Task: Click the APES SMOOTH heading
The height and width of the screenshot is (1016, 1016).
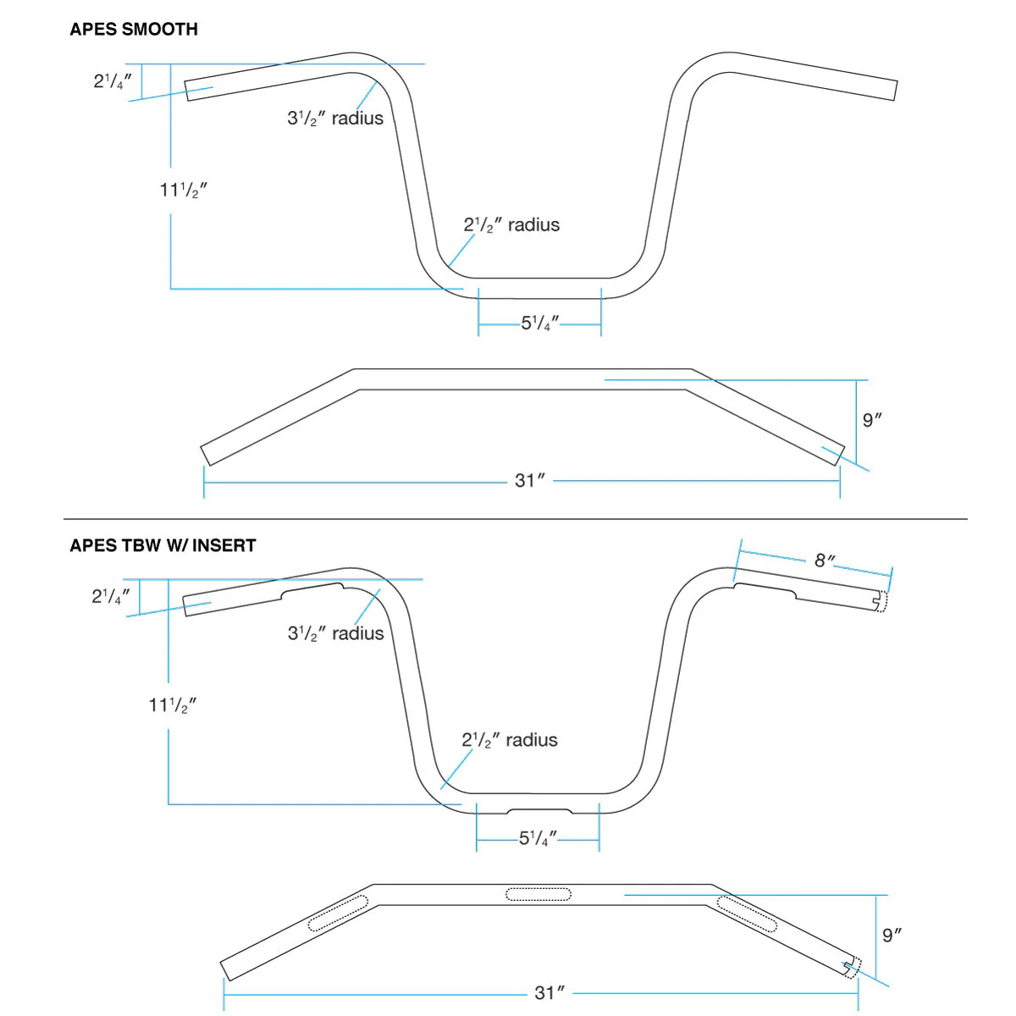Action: [134, 29]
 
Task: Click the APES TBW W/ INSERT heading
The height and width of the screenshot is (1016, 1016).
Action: [163, 545]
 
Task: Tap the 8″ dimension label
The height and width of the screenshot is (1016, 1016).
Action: [825, 560]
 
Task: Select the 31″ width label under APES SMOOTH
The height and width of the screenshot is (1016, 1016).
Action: [530, 481]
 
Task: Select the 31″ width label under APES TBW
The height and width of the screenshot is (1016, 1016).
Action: [549, 992]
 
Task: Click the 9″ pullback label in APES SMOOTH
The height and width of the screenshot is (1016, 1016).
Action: [872, 420]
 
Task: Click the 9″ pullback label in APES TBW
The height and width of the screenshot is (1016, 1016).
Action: [892, 935]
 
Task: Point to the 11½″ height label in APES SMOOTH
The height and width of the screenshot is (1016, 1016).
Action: [183, 190]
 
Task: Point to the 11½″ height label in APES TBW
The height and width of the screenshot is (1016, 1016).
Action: [173, 704]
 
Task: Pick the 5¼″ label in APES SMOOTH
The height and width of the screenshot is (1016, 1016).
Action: [540, 323]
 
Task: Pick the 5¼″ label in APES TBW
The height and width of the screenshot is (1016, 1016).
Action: [538, 838]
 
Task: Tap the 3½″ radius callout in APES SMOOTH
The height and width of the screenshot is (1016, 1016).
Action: [335, 119]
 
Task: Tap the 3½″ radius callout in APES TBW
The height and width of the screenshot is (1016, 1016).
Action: [335, 633]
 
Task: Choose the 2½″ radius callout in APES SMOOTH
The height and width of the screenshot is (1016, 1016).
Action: [511, 225]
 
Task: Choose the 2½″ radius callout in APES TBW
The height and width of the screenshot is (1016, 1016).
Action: [510, 740]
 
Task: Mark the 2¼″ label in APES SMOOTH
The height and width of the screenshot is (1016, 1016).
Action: [113, 81]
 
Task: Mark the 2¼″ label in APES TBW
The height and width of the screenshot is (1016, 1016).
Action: [111, 596]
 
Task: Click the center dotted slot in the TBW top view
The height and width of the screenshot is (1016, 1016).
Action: [538, 893]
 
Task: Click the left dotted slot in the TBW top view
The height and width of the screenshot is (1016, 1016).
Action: [338, 913]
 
